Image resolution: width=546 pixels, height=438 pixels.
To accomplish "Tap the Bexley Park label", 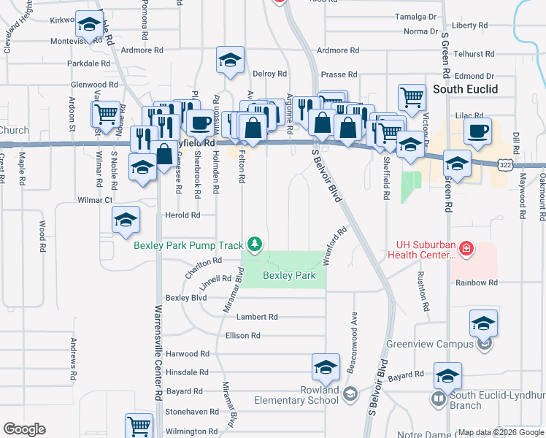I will pyautogui.click(x=289, y=276).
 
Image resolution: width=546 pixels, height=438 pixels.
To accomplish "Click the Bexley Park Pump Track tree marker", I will pyautogui.click(x=254, y=244).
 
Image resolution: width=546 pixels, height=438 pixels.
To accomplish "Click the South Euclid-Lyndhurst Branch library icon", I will pyautogui.click(x=438, y=399).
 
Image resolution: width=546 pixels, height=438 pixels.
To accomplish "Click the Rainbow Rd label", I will pyautogui.click(x=477, y=283).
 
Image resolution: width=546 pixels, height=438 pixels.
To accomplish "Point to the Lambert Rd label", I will pyautogui.click(x=261, y=317).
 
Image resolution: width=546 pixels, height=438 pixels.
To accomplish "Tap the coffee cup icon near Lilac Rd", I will pyautogui.click(x=477, y=132).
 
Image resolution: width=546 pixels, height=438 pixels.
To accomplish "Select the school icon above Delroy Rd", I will pyautogui.click(x=231, y=61).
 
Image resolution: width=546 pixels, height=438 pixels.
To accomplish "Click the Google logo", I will pyautogui.click(x=25, y=429).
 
